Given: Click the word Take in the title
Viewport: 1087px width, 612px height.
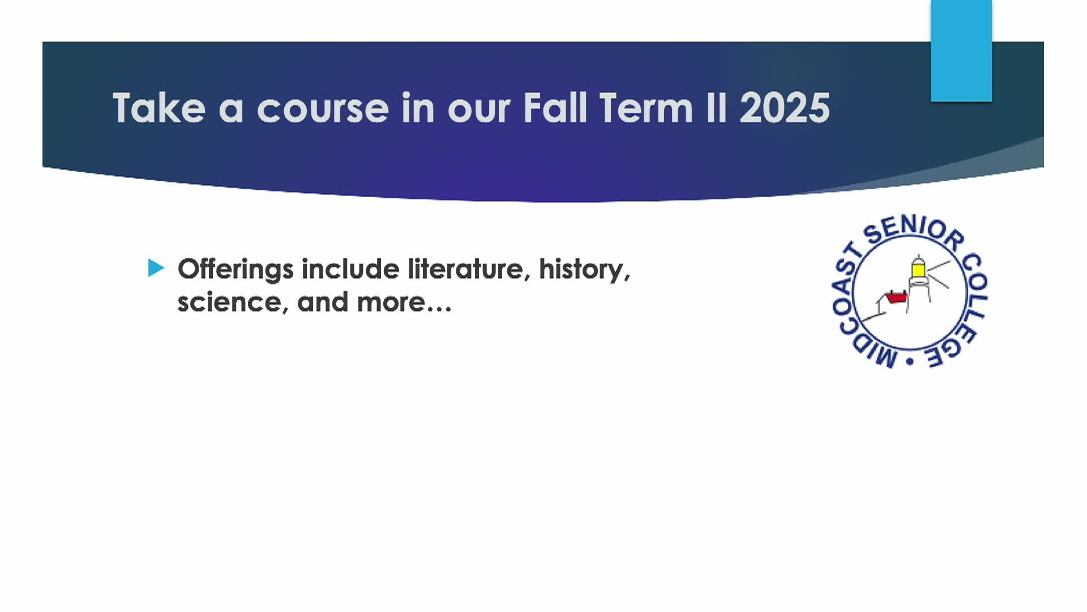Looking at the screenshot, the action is click(159, 108).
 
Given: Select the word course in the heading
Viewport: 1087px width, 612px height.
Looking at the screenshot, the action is click(323, 109).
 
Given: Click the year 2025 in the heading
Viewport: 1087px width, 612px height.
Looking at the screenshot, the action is click(785, 108).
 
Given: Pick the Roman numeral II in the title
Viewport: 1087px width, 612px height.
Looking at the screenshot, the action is click(716, 108).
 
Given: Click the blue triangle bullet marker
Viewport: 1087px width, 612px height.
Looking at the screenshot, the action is click(156, 268).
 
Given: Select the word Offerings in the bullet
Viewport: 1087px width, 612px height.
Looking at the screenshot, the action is click(236, 270).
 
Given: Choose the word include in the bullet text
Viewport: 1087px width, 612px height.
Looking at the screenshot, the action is click(350, 269).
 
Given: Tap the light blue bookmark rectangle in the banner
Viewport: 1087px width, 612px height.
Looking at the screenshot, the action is click(961, 51).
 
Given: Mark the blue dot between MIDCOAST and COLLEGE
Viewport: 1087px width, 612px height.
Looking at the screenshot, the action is click(910, 362).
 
